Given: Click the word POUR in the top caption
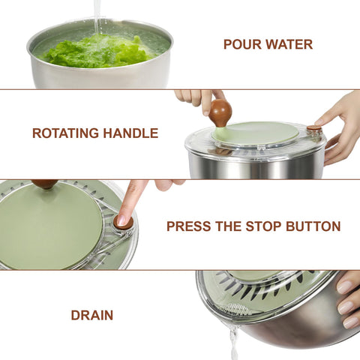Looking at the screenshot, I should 241,44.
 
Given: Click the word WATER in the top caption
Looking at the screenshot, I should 288,44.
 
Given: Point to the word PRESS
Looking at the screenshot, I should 191,226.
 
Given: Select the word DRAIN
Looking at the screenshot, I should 92,316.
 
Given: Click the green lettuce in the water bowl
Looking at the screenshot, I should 97,51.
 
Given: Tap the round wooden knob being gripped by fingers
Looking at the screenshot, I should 220,112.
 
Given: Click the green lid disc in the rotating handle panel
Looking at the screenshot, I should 255,133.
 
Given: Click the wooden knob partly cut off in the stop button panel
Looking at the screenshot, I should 45,183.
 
